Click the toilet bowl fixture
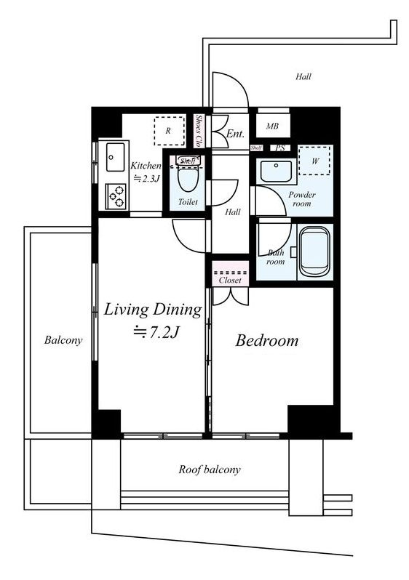[188, 177]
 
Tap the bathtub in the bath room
[314, 251]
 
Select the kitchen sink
[115, 157]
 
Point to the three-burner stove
[115, 196]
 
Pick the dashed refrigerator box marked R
[170, 131]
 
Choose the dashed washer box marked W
[314, 161]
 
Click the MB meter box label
[272, 126]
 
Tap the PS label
[280, 148]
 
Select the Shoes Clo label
[199, 131]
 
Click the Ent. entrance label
[235, 134]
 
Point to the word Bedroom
[267, 341]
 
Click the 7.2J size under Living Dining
[156, 332]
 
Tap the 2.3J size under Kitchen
[147, 179]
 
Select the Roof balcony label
[210, 470]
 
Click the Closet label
[230, 281]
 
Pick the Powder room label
[302, 199]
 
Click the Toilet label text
[188, 202]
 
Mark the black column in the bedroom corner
[314, 420]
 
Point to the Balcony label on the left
[63, 340]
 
